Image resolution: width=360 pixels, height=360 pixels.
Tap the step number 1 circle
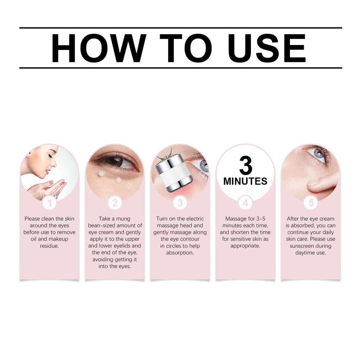(x=50, y=203)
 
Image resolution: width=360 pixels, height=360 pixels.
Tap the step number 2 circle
(x=115, y=203)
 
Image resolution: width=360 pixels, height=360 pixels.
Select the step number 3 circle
(x=180, y=203)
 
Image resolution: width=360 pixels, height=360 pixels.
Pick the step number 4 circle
(x=245, y=203)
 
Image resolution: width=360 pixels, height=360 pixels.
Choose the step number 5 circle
(x=311, y=203)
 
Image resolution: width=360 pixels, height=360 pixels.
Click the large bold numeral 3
(x=245, y=165)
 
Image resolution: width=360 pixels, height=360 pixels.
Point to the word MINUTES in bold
(x=245, y=181)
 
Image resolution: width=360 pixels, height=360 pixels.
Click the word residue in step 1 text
(x=50, y=246)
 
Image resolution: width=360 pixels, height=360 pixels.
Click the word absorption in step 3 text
(x=180, y=253)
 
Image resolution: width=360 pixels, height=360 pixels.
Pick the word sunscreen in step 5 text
(x=303, y=246)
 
